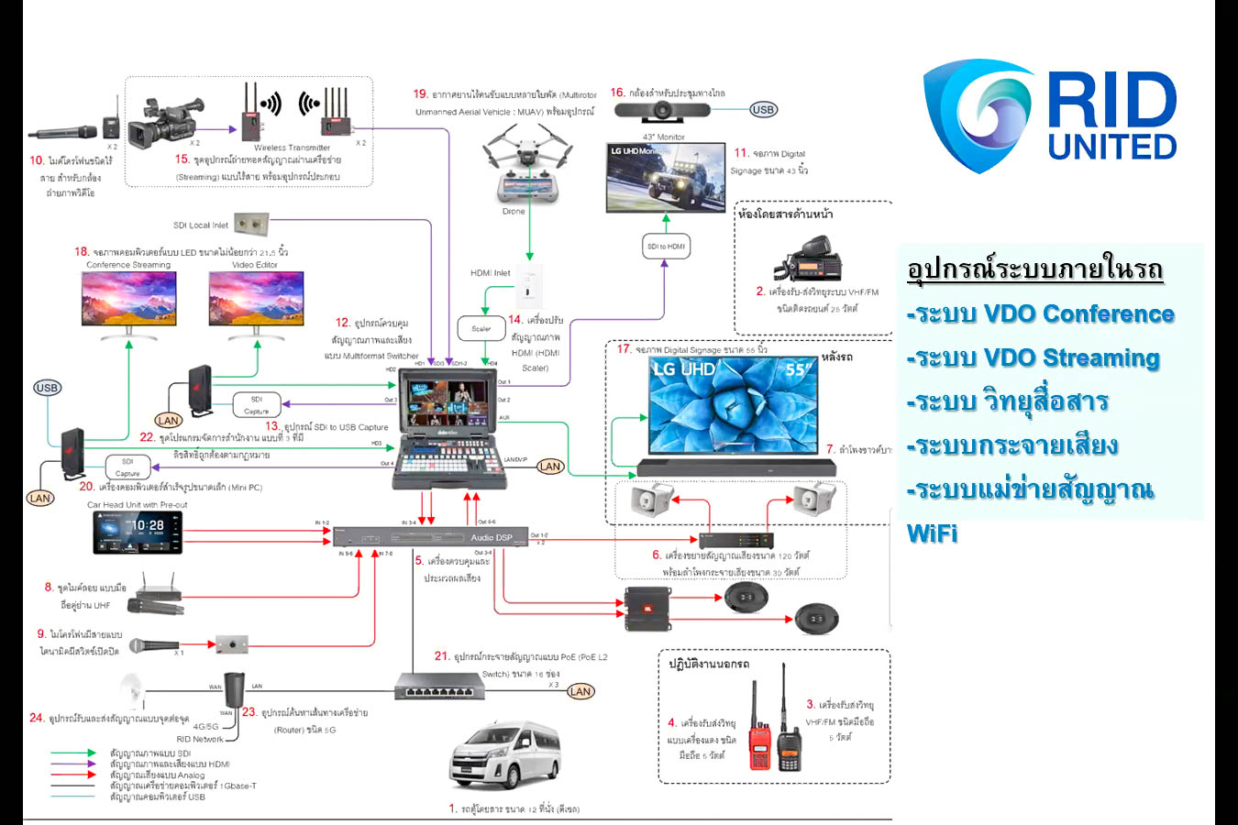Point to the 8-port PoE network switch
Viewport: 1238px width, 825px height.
pos(438,687)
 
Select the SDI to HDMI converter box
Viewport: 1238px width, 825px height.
pos(666,246)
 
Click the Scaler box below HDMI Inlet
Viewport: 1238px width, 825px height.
pos(481,327)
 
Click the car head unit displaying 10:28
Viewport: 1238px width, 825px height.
pos(138,532)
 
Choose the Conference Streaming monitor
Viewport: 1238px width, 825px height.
pos(128,302)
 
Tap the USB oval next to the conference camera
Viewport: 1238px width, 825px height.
pos(763,109)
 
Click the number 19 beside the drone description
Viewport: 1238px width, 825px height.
pos(420,94)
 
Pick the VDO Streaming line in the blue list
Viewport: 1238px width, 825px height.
pos(1034,357)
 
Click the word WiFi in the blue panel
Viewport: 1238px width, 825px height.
pos(932,533)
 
